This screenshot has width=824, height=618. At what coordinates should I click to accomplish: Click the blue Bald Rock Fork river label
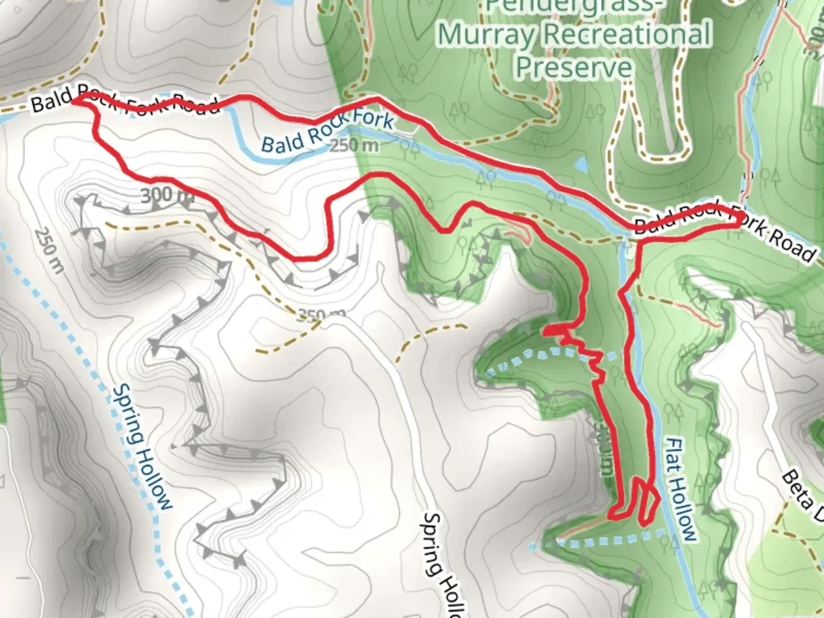click(x=327, y=132)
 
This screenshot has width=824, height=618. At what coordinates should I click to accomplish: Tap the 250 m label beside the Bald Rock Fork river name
click(x=355, y=146)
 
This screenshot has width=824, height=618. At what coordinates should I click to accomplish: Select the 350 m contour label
click(x=321, y=315)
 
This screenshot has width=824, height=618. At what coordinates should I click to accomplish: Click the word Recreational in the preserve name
click(x=627, y=34)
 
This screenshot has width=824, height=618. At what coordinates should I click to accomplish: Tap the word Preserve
click(x=574, y=67)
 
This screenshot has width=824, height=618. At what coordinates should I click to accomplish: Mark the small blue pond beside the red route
click(x=581, y=165)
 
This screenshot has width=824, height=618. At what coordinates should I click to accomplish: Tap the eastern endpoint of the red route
click(x=739, y=218)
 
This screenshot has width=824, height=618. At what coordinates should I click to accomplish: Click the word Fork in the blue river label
click(x=374, y=121)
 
